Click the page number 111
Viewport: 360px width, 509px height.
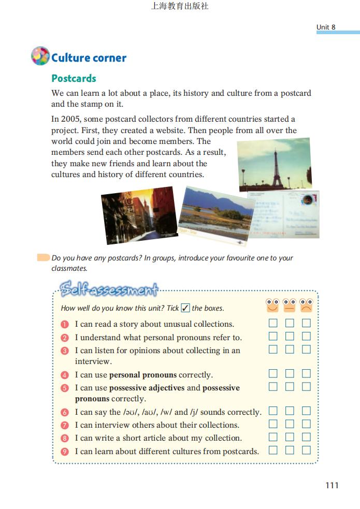pos(332,485)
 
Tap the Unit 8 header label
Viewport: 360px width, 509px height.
pos(326,27)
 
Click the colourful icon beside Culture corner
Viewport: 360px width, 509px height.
pos(40,56)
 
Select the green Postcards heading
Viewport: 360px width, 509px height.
pos(74,78)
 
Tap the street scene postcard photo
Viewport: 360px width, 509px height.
pos(136,215)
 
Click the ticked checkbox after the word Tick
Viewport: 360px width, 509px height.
pos(185,308)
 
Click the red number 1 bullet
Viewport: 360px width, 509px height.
pos(65,325)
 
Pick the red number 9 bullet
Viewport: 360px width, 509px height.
pos(65,452)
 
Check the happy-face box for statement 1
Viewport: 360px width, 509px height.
pos(273,323)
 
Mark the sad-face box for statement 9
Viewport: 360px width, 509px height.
pos(306,450)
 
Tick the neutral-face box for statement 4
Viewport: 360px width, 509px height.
pos(290,373)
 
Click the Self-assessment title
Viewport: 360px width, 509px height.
pos(109,288)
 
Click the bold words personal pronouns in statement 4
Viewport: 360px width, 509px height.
pos(143,375)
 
